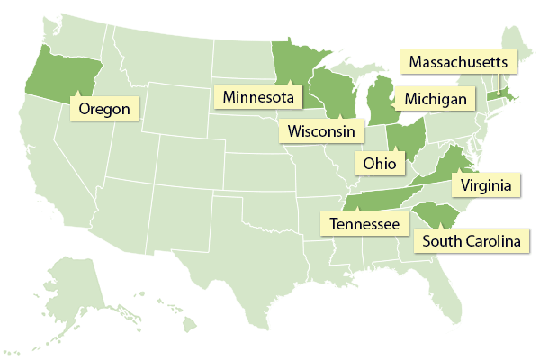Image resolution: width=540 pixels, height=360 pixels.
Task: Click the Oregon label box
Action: point(104,109)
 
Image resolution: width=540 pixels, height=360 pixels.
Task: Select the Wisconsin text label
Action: point(320,131)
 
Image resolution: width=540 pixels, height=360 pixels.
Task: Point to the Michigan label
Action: point(435,97)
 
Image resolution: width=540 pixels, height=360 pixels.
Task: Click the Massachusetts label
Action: point(460,63)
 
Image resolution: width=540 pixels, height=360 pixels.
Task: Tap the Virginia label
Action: point(486,186)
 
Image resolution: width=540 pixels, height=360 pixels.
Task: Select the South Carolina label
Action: point(471,241)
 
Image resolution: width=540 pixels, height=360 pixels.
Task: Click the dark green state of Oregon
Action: point(54,72)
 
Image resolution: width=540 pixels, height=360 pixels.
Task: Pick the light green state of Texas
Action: point(252,252)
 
